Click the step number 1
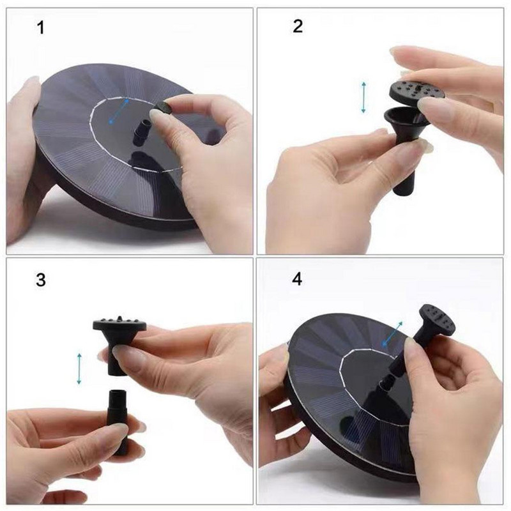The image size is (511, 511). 40,27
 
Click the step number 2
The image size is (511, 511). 298,26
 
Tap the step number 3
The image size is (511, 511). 41,280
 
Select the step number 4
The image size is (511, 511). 297,279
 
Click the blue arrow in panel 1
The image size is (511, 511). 119,111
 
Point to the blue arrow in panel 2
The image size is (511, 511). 363,98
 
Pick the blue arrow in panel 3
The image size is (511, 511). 79,369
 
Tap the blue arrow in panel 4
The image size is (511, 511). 392,333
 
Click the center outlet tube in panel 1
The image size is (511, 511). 141,130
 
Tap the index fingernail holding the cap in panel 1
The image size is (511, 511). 156,115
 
